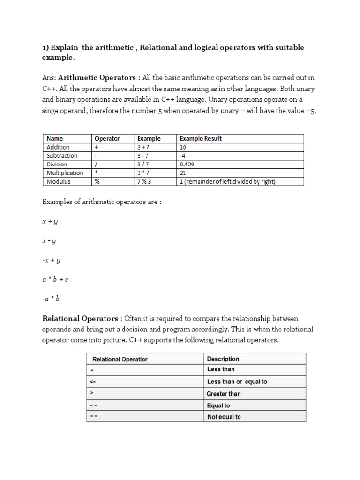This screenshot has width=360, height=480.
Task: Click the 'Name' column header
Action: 55,138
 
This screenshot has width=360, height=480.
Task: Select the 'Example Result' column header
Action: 201,138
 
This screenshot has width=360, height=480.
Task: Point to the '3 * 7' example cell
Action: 143,173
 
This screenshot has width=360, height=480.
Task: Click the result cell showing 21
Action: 183,173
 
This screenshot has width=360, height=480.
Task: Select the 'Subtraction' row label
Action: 62,156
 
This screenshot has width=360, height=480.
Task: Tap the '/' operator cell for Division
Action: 97,164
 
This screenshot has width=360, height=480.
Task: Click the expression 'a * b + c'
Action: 56,279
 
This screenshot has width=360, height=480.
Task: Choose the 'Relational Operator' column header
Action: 120,359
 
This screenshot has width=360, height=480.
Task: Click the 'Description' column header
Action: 223,359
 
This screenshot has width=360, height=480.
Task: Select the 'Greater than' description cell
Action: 224,394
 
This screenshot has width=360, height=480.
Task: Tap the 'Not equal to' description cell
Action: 224,417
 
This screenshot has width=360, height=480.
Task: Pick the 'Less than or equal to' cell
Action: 237,382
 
